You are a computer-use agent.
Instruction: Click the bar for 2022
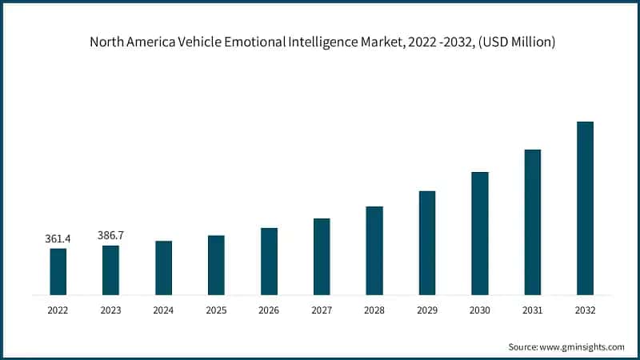[58, 272]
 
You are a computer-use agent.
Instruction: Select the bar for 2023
[110, 270]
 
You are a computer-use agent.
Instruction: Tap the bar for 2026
[269, 262]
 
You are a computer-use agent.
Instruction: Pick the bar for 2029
[427, 243]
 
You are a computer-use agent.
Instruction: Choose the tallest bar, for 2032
[585, 208]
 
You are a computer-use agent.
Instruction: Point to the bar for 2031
[532, 222]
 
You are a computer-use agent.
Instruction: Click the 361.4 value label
[58, 238]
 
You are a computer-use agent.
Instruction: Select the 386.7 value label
[110, 235]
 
